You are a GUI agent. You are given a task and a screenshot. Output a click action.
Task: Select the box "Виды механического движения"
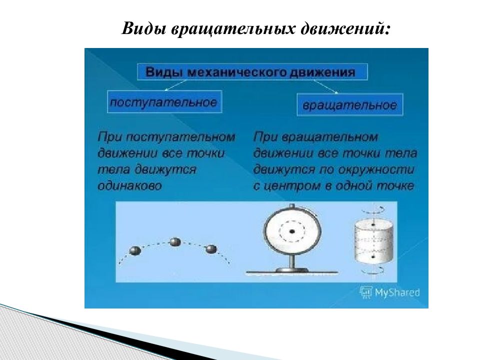click(252, 72)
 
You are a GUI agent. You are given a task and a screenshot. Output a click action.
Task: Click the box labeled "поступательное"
click(164, 102)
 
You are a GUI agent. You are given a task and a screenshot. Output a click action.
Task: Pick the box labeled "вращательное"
click(349, 105)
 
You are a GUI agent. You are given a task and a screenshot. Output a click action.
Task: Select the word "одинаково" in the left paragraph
click(129, 185)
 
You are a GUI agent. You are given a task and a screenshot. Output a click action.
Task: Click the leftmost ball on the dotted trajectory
click(134, 250)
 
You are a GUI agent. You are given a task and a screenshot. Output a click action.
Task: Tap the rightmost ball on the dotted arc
click(211, 248)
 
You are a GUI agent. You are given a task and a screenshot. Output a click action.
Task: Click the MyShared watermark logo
click(390, 292)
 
